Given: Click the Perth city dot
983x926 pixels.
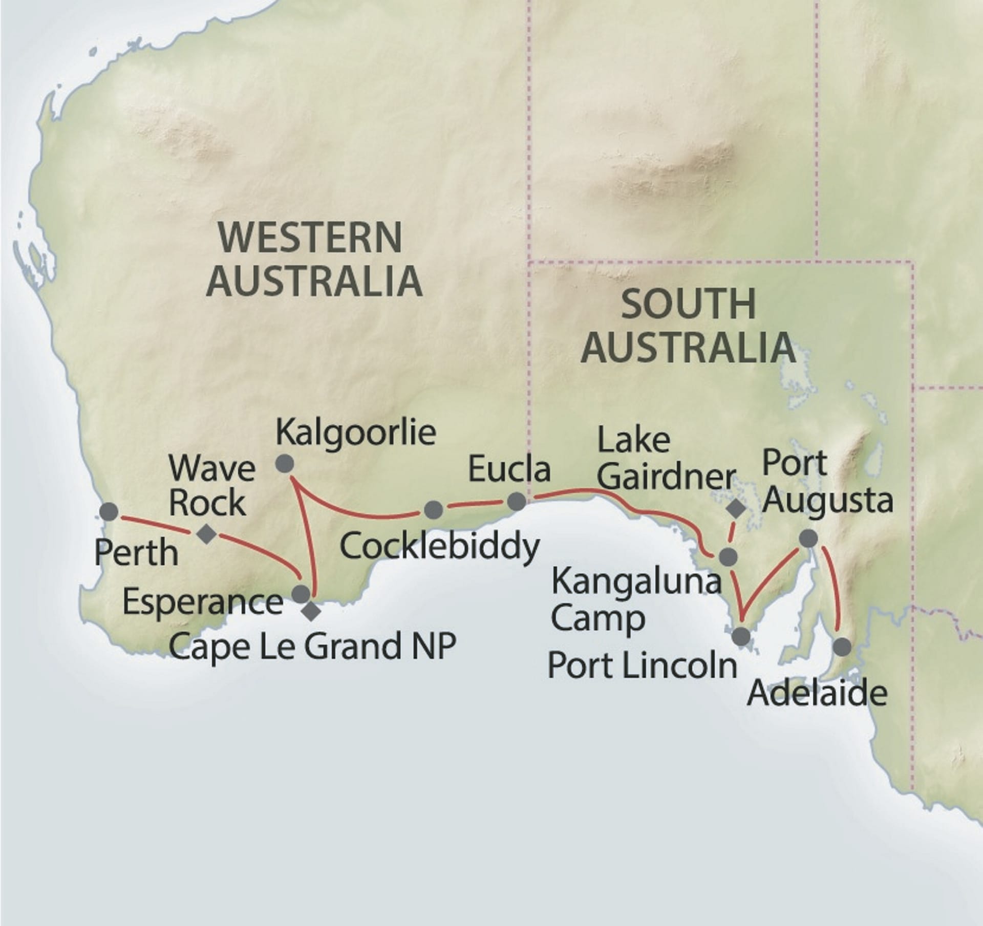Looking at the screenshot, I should [x=109, y=512].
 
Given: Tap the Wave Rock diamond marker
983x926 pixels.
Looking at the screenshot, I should [x=206, y=534].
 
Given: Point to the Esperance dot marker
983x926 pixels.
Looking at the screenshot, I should [x=301, y=594].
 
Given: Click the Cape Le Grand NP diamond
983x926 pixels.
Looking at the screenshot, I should [x=311, y=611].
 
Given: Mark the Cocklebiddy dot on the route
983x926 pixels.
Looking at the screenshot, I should [x=433, y=509].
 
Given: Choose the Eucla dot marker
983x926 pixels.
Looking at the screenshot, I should [x=516, y=502].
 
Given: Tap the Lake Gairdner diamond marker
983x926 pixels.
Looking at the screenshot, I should [x=736, y=508].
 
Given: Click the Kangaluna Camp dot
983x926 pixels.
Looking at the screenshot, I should [x=728, y=556].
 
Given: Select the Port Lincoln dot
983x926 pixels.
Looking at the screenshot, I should [x=741, y=636].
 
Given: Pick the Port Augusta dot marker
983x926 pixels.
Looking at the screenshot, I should [x=808, y=538].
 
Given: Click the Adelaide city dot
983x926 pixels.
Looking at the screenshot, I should [x=842, y=647].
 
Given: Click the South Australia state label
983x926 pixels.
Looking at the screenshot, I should [x=689, y=326].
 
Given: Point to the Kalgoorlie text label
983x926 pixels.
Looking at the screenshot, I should [x=356, y=433].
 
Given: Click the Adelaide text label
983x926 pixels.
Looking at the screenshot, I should [x=817, y=694].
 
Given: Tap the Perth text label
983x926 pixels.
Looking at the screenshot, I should [x=137, y=553].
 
